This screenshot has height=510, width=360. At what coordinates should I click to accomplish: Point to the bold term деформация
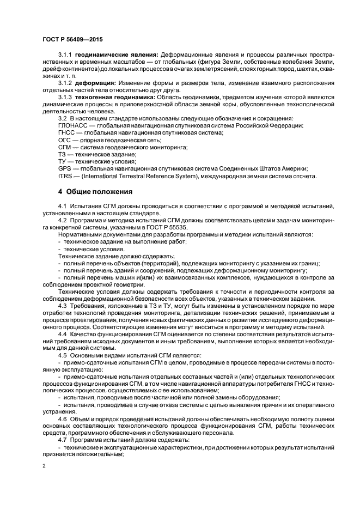coord(94,82)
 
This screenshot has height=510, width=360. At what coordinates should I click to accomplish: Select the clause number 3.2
coord(62,118)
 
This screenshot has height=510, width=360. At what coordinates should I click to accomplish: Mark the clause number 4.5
coord(62,355)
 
